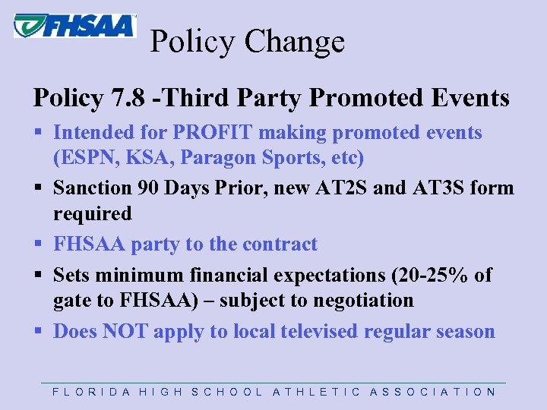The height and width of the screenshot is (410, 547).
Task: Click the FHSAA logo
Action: pos(74,25)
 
